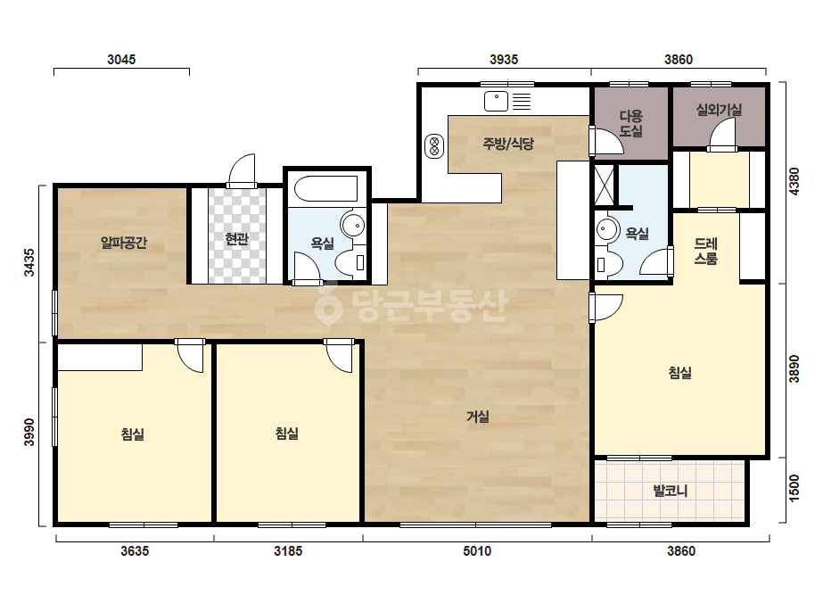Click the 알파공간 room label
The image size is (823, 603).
124,243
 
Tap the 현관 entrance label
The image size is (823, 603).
236,239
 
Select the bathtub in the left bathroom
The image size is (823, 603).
326,188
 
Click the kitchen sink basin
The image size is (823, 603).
496,101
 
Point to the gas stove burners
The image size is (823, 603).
434,146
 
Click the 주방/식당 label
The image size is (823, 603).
508,144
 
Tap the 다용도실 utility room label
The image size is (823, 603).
631,123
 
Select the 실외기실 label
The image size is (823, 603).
719,110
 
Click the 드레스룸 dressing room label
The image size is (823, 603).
706,251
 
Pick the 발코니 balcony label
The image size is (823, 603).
671,491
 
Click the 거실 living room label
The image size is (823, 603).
478,417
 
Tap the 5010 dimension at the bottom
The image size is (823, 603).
477,551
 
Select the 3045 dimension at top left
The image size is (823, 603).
121,60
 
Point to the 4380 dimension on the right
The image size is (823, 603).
794,181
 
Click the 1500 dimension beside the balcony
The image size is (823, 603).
794,488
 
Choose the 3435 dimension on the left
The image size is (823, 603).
29,262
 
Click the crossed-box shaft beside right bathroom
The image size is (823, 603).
605,185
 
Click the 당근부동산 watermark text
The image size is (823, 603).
411,306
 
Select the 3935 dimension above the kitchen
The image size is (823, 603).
504,60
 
